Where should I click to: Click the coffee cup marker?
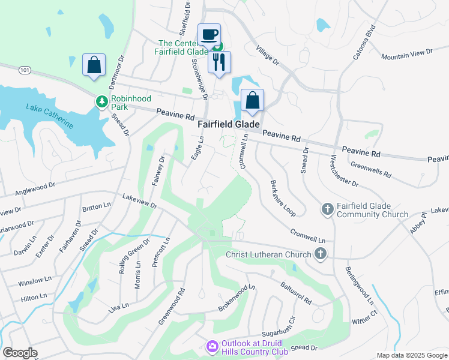point(209,35)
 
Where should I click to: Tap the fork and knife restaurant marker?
point(219,61)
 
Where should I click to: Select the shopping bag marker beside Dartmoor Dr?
point(94,65)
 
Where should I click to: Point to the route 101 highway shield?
point(25,70)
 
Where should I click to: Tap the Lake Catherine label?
point(49,115)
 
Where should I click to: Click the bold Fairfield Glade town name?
point(229,124)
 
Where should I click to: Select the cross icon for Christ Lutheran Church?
point(320,254)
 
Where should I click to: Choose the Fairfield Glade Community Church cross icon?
point(327,209)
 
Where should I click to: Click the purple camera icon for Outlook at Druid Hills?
point(211,346)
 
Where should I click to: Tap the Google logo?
point(20,353)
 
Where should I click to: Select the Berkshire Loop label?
point(283,199)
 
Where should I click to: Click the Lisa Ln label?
point(119,308)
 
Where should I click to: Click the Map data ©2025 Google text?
point(411,355)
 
